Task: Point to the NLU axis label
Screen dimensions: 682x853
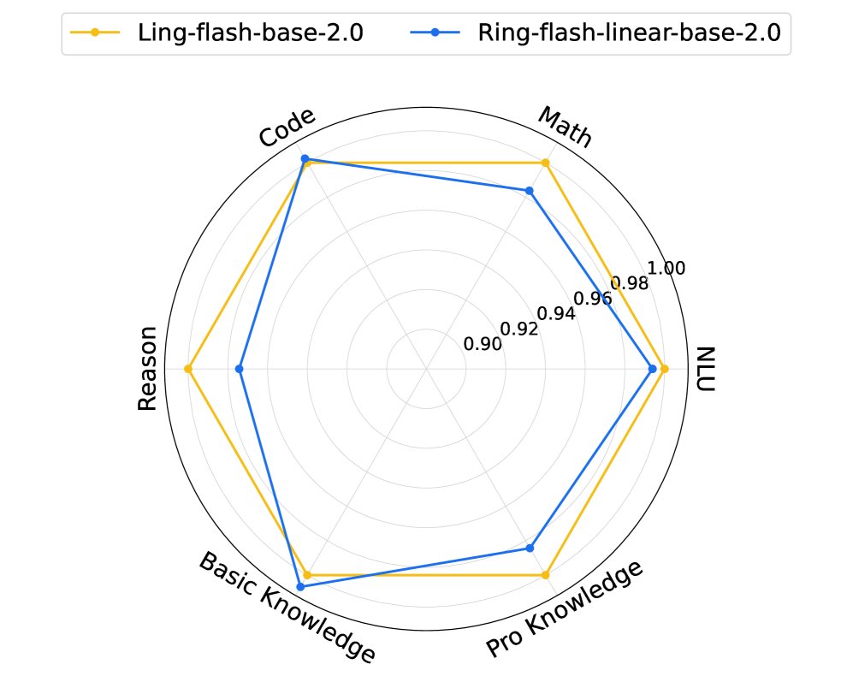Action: pos(705,369)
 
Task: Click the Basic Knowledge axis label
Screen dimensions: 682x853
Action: pos(287,608)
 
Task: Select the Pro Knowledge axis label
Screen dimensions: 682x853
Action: pos(564,611)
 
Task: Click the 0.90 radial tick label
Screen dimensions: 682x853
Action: pos(483,344)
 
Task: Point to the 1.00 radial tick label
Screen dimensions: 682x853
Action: pos(666,269)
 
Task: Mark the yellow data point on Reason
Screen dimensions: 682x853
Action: pos(188,369)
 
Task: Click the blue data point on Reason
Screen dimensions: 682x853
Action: pos(239,369)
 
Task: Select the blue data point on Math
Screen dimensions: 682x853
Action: pos(530,191)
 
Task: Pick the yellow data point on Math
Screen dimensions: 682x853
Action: pos(546,163)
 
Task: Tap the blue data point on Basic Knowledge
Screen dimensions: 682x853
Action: pos(300,586)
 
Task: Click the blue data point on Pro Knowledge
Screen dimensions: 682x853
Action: pos(530,548)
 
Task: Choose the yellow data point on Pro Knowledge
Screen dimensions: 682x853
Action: pos(546,575)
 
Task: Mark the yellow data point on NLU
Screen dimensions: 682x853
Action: pos(665,369)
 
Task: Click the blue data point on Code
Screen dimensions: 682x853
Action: pos(304,158)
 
